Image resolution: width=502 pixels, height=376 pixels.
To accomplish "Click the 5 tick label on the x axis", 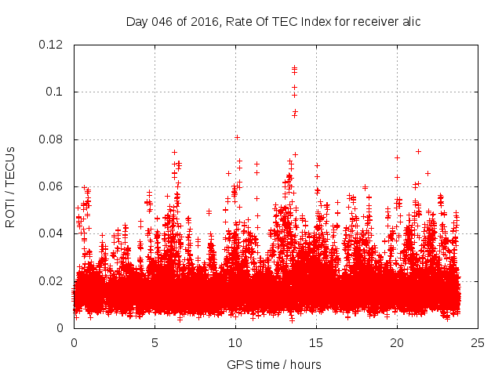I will tap(155, 342).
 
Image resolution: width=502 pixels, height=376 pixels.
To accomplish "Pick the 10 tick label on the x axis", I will tap(235, 342).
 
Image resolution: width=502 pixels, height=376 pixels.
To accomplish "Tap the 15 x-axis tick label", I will tap(316, 342).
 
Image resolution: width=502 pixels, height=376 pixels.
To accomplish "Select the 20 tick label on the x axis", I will tap(397, 342).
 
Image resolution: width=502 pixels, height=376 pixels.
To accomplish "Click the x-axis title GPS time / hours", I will tap(274, 364).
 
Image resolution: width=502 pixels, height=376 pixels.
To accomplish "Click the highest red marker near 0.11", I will tap(294, 68).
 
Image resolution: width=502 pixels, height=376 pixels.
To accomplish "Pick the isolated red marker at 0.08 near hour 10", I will tap(237, 137).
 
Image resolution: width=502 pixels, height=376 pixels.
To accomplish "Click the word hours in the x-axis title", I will tap(304, 364).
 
